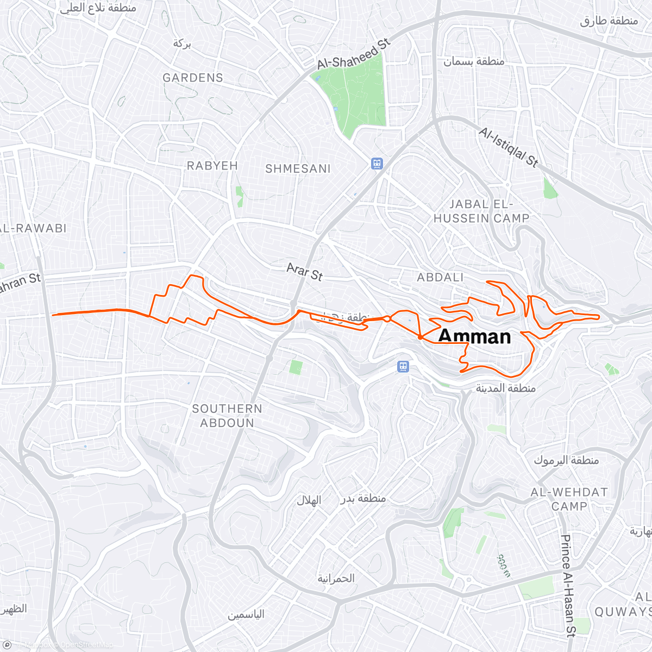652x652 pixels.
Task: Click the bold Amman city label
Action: tap(474, 336)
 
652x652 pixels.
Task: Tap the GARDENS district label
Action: tap(193, 78)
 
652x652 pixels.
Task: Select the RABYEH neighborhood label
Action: tap(212, 166)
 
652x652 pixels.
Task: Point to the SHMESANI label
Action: tap(298, 169)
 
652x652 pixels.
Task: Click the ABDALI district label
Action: tap(440, 278)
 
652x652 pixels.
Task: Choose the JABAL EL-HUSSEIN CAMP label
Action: tap(481, 211)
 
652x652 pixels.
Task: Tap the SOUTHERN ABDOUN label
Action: tap(227, 416)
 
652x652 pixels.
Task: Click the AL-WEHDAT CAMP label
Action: tap(569, 499)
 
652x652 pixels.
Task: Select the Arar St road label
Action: tap(305, 272)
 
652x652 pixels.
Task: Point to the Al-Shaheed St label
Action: tap(354, 54)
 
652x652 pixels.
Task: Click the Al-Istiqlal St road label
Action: tap(509, 147)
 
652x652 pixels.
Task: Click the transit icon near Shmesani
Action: tap(377, 163)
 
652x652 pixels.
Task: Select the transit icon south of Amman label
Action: tap(403, 366)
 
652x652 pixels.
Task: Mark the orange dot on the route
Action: tap(421, 337)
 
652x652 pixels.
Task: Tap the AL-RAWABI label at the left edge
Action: tap(33, 228)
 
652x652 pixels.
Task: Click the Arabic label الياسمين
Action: tap(246, 615)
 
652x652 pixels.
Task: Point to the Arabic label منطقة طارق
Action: tap(609, 21)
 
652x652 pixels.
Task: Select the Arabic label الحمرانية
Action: tap(336, 578)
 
